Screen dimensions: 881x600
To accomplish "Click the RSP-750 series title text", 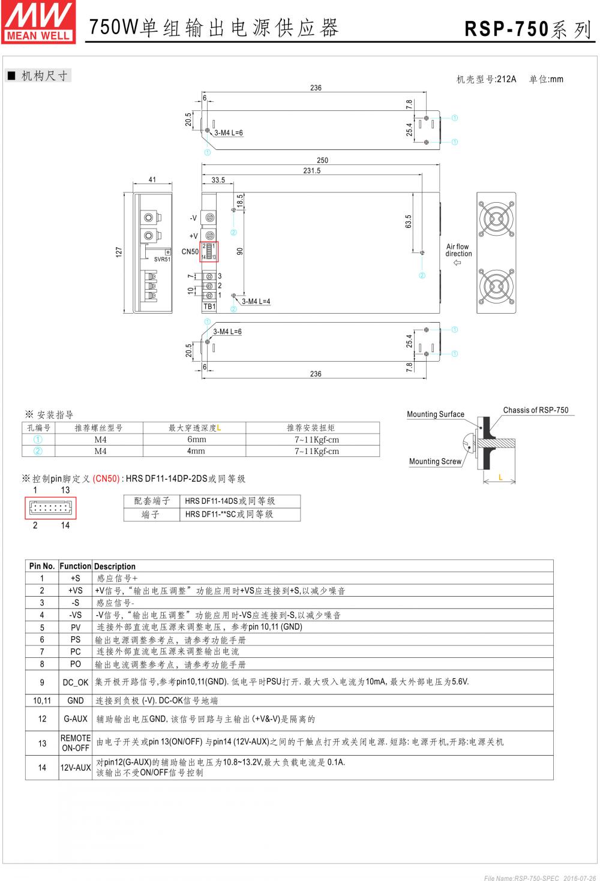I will (528, 29).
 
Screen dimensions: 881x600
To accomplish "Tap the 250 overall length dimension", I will (322, 160).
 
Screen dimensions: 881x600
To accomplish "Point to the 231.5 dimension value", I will (312, 170).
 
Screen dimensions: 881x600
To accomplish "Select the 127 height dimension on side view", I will (119, 252).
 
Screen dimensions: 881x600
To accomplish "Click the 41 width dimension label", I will (152, 180).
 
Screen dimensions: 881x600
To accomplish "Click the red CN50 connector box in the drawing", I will (208, 251).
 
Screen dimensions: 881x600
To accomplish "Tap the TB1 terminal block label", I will (209, 306).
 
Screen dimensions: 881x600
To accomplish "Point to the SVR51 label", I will (162, 260).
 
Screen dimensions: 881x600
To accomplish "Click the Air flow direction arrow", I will (458, 263).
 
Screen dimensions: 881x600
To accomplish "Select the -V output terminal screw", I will (210, 218).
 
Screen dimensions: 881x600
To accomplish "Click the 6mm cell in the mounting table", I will (196, 440).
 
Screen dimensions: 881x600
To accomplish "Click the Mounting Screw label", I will (435, 461).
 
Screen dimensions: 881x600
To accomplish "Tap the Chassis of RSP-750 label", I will (535, 410).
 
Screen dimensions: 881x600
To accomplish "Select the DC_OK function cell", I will (76, 682).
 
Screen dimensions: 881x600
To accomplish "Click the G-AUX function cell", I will (76, 718).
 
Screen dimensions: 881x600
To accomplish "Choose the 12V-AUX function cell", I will (76, 768).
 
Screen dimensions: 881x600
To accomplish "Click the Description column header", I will (115, 566).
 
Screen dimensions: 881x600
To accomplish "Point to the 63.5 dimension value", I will (409, 221).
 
